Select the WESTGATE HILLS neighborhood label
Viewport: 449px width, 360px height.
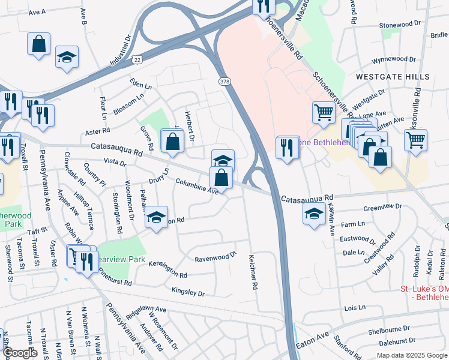(x=393, y=77)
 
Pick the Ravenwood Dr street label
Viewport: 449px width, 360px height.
(x=216, y=257)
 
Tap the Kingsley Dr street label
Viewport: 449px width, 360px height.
(x=188, y=292)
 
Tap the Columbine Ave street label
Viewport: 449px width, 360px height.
(x=197, y=186)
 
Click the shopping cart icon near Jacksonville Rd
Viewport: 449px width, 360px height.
(x=415, y=141)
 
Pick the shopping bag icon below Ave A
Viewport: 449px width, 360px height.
(x=38, y=44)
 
